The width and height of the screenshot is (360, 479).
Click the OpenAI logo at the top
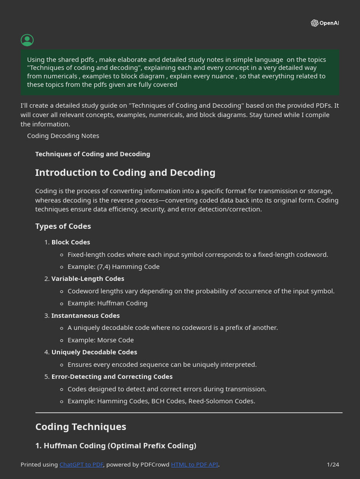pyautogui.click(x=324, y=23)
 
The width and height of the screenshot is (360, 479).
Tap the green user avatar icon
pyautogui.click(x=27, y=40)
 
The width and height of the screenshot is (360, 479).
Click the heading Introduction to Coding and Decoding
pyautogui.click(x=125, y=173)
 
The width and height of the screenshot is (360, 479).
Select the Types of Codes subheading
pyautogui.click(x=63, y=226)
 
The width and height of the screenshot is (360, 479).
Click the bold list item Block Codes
pyautogui.click(x=71, y=242)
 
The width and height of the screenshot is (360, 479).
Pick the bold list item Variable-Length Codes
pyautogui.click(x=88, y=279)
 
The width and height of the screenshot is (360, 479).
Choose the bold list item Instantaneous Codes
pyautogui.click(x=85, y=316)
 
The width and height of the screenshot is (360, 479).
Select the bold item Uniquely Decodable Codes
pyautogui.click(x=94, y=352)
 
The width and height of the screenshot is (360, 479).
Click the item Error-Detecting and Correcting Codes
pyautogui.click(x=112, y=377)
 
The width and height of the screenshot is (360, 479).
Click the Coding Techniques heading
pyautogui.click(x=81, y=427)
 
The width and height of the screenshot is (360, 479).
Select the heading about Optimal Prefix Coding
pyautogui.click(x=116, y=446)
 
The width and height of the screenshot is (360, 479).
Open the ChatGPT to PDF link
pyautogui.click(x=82, y=464)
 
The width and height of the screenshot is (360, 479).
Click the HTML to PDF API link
pyautogui.click(x=195, y=464)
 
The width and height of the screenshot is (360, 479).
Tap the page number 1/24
pyautogui.click(x=333, y=464)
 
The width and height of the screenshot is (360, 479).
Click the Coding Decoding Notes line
pyautogui.click(x=63, y=136)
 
